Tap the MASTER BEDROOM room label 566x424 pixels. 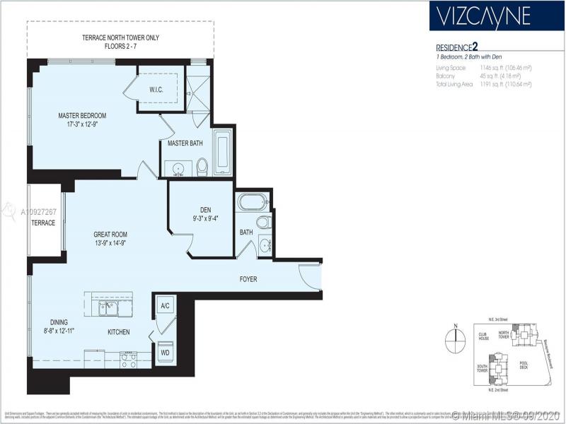82,115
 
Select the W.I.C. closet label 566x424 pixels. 157,90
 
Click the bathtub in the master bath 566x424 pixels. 222,151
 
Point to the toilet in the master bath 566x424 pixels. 202,166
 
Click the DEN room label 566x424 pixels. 206,209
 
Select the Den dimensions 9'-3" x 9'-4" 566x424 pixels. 206,218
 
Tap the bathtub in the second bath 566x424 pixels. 253,202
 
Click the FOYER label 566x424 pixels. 248,279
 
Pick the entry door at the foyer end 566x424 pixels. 310,275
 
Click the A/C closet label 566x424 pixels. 166,306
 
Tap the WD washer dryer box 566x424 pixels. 165,351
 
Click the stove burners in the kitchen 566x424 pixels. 128,360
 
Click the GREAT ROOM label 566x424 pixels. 110,235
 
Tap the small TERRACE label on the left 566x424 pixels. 42,223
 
